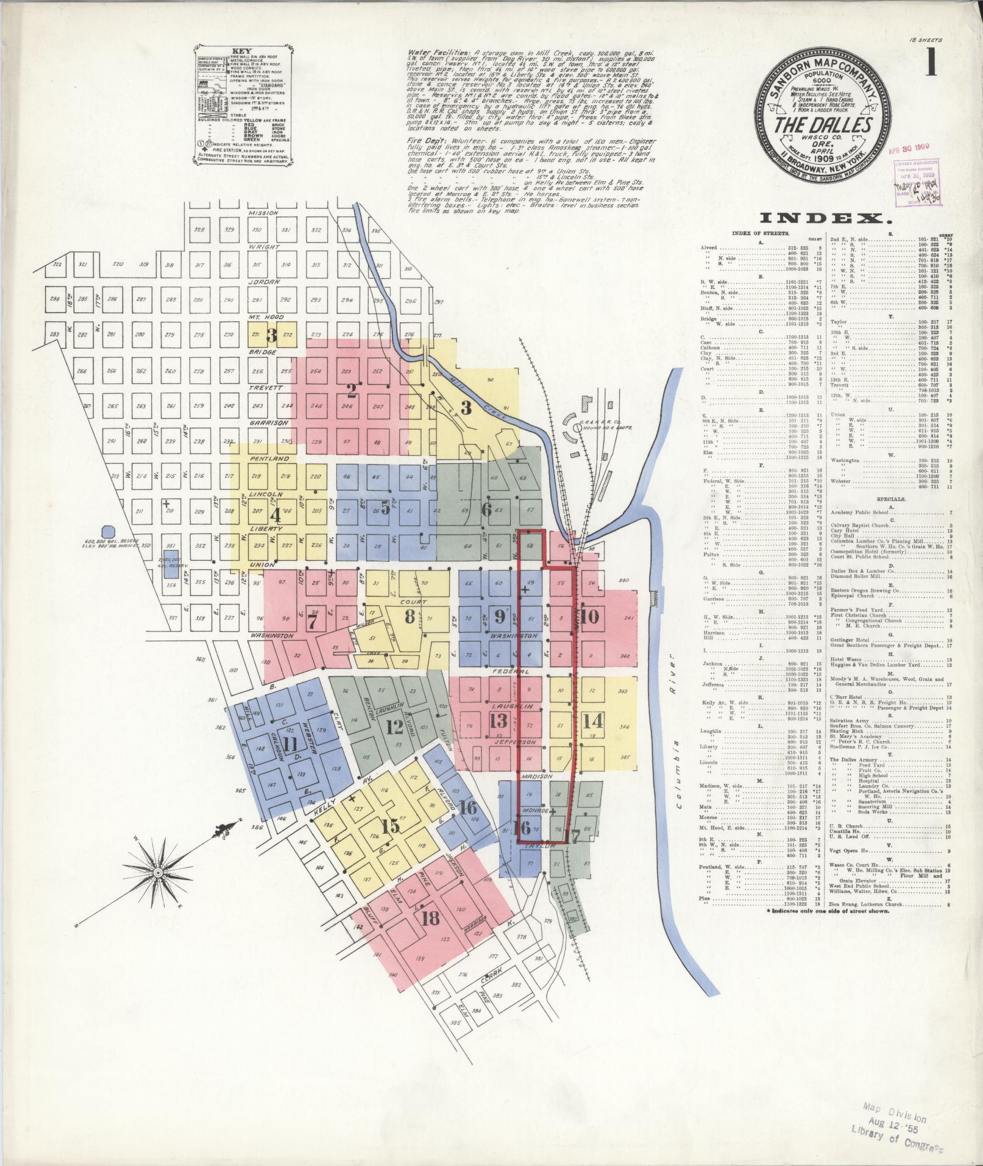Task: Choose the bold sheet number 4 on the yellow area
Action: click(275, 515)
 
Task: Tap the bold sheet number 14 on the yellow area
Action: click(592, 720)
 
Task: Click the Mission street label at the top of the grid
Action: click(263, 213)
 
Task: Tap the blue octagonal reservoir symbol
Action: click(108, 531)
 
